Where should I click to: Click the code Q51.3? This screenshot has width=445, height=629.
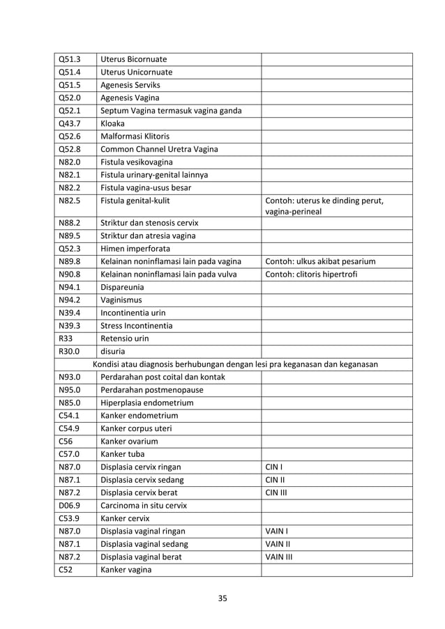tap(70, 59)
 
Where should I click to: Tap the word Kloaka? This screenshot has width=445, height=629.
tap(116, 123)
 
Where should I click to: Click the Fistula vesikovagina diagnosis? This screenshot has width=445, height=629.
tap(139, 162)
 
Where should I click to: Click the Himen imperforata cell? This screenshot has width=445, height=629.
tap(135, 249)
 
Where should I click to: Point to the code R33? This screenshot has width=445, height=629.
tap(66, 339)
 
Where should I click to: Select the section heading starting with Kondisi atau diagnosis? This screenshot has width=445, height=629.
tap(236, 364)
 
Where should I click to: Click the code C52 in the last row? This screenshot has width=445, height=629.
tap(66, 570)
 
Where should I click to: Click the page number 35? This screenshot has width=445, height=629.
tap(222, 598)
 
